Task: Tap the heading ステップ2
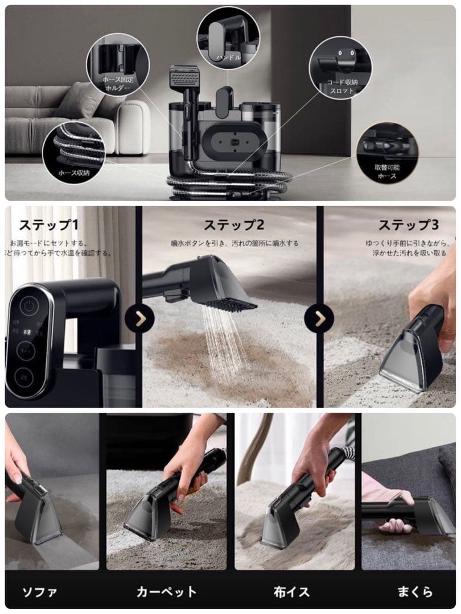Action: (233, 225)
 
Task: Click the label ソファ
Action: (39, 592)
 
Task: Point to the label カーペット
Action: (166, 592)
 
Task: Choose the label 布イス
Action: (290, 592)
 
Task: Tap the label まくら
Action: (415, 592)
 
